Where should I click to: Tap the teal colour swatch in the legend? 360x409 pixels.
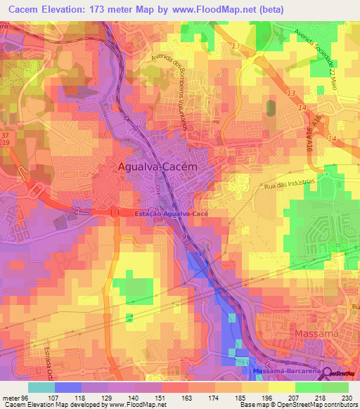41,387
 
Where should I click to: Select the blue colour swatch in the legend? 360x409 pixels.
67,387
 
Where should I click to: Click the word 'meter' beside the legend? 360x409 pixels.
11,397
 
